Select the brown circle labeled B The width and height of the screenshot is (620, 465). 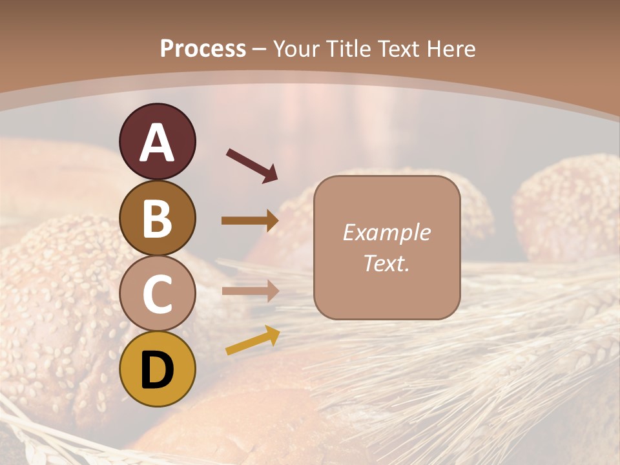pos(158,218)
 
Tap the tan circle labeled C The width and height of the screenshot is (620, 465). pos(158,294)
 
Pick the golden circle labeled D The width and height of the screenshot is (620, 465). pos(158,369)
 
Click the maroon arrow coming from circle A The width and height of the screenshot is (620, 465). pos(252,166)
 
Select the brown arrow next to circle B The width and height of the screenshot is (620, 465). pos(250,221)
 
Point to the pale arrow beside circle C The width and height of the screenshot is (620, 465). pos(250,291)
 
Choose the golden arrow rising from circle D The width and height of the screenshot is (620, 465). pos(253,340)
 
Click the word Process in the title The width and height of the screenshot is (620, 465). pos(203,48)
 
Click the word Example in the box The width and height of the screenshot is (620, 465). pos(386,232)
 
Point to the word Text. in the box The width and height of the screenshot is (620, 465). pos(386,263)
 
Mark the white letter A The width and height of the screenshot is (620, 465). pos(158,143)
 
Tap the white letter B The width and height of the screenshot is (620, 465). pos(158,218)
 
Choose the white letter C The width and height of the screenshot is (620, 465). pos(158,294)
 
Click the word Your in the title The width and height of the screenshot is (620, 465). pos(296,48)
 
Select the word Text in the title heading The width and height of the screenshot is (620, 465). pos(397,48)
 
